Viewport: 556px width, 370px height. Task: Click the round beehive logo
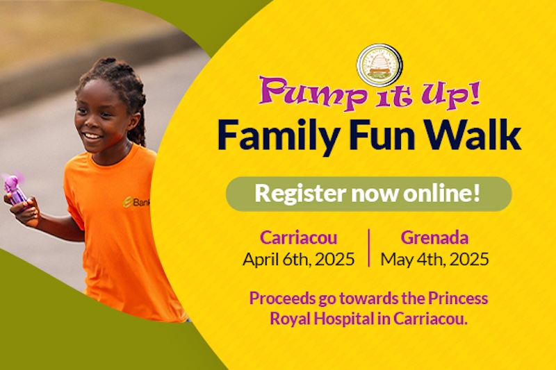pyautogui.click(x=379, y=66)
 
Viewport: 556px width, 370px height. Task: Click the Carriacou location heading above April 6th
pyautogui.click(x=299, y=237)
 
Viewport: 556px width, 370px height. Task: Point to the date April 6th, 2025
pyautogui.click(x=299, y=260)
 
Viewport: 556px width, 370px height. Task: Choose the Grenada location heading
pyautogui.click(x=434, y=237)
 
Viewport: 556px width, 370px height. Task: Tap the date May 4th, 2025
pyautogui.click(x=435, y=260)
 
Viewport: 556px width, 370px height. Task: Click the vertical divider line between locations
pyautogui.click(x=369, y=248)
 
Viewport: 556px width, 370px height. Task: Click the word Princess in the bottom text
pyautogui.click(x=458, y=298)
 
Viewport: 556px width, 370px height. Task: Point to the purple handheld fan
pyautogui.click(x=14, y=190)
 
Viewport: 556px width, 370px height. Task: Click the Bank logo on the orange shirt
pyautogui.click(x=136, y=202)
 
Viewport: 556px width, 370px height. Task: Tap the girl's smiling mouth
pyautogui.click(x=92, y=136)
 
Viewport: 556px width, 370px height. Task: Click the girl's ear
pyautogui.click(x=134, y=121)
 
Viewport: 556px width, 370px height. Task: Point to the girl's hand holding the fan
pyautogui.click(x=25, y=210)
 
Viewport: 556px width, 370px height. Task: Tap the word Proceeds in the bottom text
pyautogui.click(x=282, y=298)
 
